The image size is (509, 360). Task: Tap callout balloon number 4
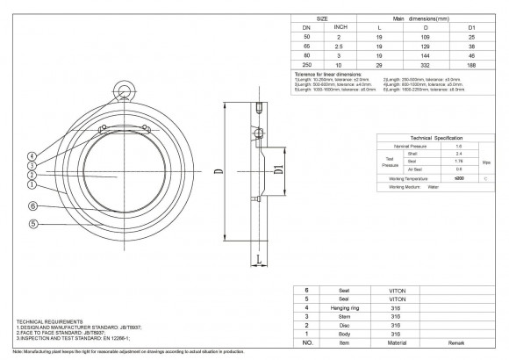(x=32, y=155)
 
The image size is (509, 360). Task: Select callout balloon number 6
(x=32, y=206)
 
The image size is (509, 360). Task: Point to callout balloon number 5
(x=32, y=224)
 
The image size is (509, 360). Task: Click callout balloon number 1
(x=32, y=184)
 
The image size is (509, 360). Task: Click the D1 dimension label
(x=277, y=167)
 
